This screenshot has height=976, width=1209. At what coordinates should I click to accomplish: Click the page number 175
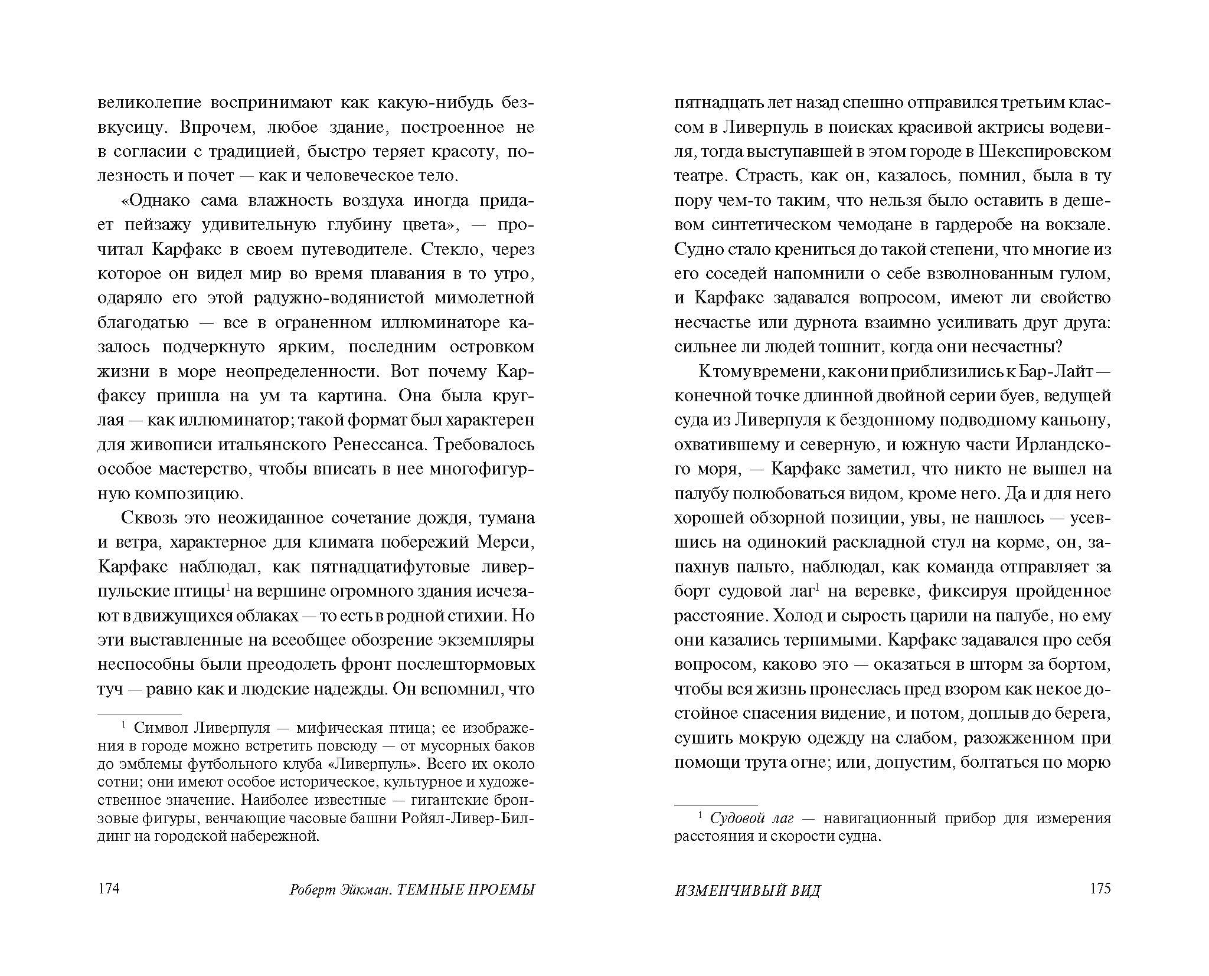[1100, 889]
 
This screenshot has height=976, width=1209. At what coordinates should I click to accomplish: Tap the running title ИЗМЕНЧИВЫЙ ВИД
[747, 890]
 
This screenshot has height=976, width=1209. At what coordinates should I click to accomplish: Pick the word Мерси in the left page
[506, 542]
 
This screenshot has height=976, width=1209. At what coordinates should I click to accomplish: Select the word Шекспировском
[1045, 152]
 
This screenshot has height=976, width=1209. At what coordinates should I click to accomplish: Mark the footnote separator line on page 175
[715, 805]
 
